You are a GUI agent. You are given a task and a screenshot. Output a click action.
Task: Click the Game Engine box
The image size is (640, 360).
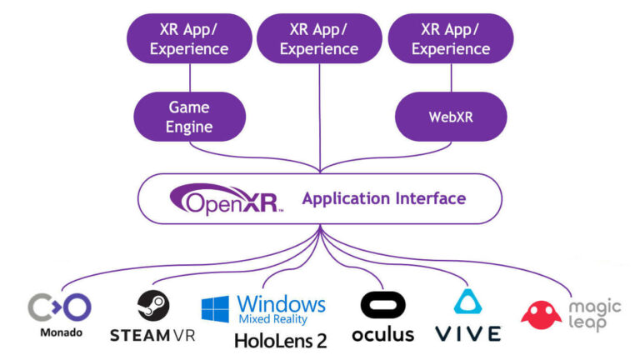(189, 117)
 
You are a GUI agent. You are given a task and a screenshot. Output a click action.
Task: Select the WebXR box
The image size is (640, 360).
(451, 117)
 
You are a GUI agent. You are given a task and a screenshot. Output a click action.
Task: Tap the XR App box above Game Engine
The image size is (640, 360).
(189, 38)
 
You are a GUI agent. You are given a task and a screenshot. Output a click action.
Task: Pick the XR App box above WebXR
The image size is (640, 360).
(451, 38)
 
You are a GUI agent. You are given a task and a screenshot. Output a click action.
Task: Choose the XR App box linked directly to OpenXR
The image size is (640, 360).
(320, 38)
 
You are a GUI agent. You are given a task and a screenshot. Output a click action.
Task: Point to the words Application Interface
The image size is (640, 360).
(383, 199)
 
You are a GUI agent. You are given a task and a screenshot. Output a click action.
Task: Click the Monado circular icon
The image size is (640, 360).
(59, 307)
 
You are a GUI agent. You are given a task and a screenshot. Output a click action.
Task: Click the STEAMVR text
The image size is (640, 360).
(153, 334)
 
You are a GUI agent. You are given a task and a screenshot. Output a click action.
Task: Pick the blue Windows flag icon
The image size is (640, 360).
(216, 309)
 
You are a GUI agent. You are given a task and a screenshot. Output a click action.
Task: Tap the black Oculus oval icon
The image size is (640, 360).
(382, 305)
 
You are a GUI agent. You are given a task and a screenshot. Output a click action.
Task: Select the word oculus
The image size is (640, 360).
(382, 333)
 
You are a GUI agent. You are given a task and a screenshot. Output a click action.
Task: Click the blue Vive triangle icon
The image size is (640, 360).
(467, 303)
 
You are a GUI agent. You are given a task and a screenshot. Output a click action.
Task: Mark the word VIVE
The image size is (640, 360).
(467, 334)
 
